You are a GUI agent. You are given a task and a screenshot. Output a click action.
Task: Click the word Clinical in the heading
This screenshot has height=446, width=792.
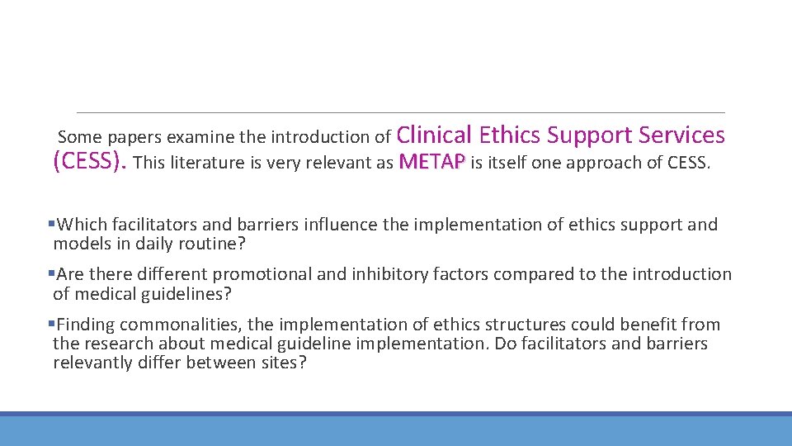(435, 135)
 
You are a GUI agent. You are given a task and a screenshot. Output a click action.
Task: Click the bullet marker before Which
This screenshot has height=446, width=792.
(51, 224)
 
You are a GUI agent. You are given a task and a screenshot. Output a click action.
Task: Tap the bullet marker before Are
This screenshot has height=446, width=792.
(51, 273)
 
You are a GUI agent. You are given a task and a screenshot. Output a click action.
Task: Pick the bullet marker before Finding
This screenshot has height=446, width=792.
(51, 324)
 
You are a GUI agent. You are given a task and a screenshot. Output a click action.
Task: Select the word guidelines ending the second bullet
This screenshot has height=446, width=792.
(186, 293)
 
